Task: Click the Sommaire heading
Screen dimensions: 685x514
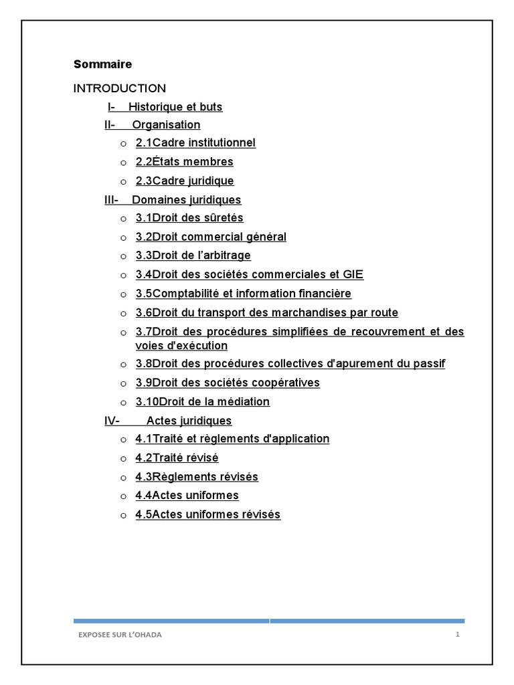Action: pyautogui.click(x=102, y=64)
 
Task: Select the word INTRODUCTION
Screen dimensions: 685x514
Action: pyautogui.click(x=119, y=88)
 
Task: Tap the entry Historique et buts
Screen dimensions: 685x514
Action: pyautogui.click(x=175, y=107)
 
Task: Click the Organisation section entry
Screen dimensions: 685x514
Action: pyautogui.click(x=165, y=125)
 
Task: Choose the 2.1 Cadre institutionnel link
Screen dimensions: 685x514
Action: pyautogui.click(x=195, y=143)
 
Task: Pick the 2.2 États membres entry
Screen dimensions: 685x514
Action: pyautogui.click(x=184, y=162)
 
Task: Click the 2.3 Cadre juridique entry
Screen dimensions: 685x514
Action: pyautogui.click(x=185, y=181)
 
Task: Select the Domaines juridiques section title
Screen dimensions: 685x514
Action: pyautogui.click(x=186, y=200)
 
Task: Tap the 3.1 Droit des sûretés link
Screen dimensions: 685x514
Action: pyautogui.click(x=189, y=218)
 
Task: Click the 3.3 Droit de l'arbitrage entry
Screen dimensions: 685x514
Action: pyautogui.click(x=193, y=256)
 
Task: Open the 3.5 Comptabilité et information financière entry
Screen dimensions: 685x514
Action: pyautogui.click(x=243, y=294)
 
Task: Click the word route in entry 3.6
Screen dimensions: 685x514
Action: pyautogui.click(x=383, y=312)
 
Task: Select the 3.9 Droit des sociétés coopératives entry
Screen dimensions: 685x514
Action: pyautogui.click(x=228, y=383)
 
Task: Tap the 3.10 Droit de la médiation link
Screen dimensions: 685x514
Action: pyautogui.click(x=202, y=402)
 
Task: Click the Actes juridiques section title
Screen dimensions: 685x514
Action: pyautogui.click(x=189, y=421)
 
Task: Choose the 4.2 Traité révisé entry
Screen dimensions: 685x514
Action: pyautogui.click(x=177, y=458)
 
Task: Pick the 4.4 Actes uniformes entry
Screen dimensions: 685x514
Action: pyautogui.click(x=187, y=496)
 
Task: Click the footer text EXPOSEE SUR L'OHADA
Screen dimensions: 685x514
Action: pyautogui.click(x=120, y=635)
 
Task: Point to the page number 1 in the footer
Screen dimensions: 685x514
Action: pyautogui.click(x=457, y=635)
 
